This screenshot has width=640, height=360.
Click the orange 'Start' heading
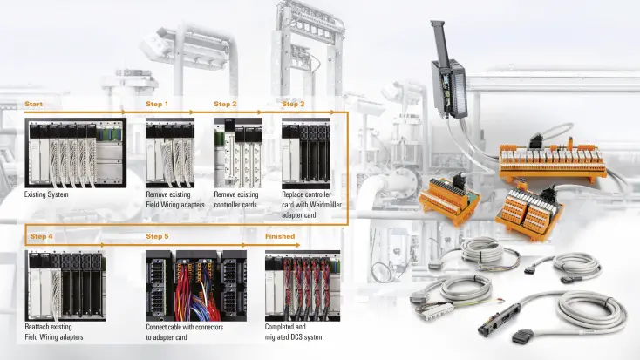point(33,104)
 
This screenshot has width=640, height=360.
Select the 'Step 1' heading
point(157,104)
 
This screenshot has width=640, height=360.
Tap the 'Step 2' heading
point(225,104)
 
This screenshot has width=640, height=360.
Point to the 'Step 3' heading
point(293,104)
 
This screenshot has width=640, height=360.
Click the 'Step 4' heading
point(41,236)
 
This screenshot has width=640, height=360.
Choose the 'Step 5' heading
point(157,236)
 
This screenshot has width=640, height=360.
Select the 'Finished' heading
point(280,236)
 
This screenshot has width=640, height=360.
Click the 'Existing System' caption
point(46,194)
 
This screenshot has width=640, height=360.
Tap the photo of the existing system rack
point(76,153)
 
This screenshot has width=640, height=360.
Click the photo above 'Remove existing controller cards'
point(238,153)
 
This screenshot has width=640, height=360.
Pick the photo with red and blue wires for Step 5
point(196,286)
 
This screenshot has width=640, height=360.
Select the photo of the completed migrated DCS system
point(303,286)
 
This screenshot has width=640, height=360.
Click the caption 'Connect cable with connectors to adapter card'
point(185,332)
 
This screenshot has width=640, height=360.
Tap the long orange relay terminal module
point(553,160)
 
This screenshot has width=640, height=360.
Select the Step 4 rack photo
point(65,286)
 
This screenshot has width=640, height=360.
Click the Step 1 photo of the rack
point(170,153)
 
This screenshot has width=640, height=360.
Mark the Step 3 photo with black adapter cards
point(306,153)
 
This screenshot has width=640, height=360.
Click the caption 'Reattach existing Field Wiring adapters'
point(54,332)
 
